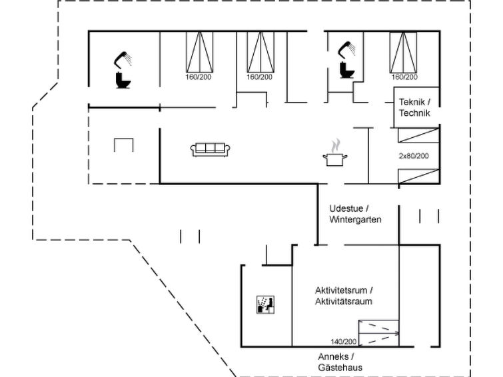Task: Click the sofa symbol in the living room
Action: coord(211,150)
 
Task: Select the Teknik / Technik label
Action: coord(414,107)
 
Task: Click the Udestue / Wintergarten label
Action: coord(355,214)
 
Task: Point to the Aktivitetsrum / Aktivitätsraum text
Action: coord(344,296)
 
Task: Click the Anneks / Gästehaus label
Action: coord(340,362)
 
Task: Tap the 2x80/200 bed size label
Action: coord(414,156)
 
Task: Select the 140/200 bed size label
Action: coord(344,342)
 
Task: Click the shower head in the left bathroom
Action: coord(124,59)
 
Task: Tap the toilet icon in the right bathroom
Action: coord(346,70)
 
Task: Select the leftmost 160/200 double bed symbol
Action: coord(198,51)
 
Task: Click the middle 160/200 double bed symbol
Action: coord(260,51)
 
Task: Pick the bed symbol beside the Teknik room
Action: coord(403,51)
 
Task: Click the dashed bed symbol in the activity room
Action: coord(378,332)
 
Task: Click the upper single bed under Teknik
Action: coord(418,135)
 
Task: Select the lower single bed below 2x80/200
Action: coord(418,177)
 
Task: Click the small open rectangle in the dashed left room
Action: coord(124,145)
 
